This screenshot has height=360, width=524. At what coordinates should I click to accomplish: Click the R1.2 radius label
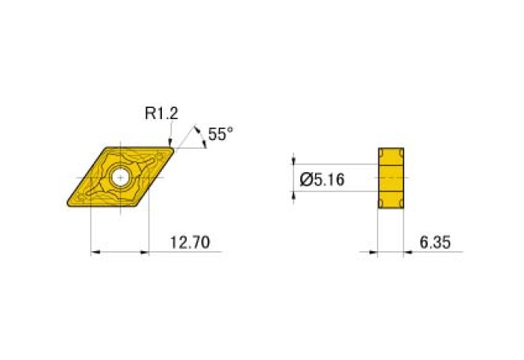(x=162, y=113)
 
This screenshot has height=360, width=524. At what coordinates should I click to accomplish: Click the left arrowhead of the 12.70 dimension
(x=96, y=252)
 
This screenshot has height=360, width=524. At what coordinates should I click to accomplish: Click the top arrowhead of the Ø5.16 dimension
(x=294, y=160)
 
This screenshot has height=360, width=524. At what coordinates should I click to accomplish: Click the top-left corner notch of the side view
(x=382, y=151)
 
